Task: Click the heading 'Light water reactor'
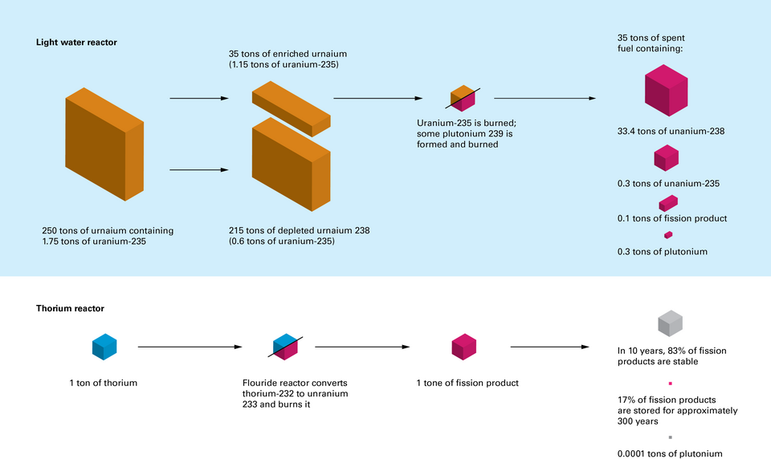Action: [x=76, y=43]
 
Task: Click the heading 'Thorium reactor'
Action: [x=70, y=308]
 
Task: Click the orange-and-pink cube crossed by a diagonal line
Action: [x=463, y=99]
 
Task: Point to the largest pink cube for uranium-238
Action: [x=666, y=92]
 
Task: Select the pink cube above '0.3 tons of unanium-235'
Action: [x=666, y=158]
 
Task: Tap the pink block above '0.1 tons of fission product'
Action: [x=668, y=202]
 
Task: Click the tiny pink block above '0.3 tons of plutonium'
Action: [x=668, y=235]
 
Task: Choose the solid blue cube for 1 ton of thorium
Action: [x=104, y=347]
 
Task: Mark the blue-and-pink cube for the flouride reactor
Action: [x=285, y=347]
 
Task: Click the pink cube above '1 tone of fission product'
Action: [x=464, y=347]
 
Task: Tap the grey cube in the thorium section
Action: [x=670, y=324]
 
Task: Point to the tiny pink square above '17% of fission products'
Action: [x=670, y=384]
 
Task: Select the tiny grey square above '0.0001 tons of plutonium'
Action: [x=670, y=438]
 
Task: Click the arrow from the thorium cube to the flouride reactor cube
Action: [x=190, y=347]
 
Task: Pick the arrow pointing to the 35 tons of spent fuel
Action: [x=544, y=100]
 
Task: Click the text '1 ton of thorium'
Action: [x=103, y=383]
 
